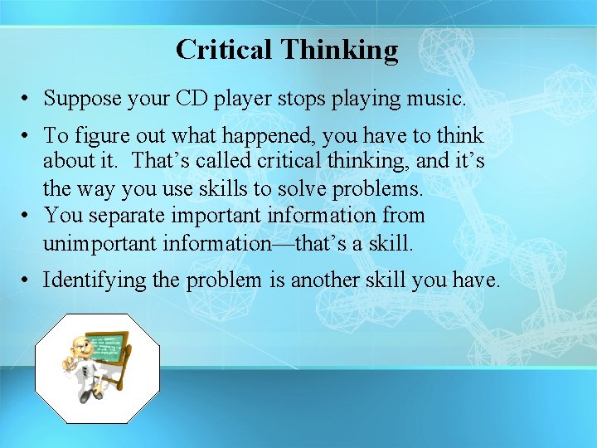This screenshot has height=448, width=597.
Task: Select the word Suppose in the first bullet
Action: (80, 99)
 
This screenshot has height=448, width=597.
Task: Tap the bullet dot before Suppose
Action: (27, 99)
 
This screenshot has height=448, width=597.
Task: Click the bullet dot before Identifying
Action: (27, 280)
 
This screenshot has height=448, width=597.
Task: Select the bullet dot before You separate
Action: (27, 216)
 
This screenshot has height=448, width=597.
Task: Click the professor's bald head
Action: (77, 342)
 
